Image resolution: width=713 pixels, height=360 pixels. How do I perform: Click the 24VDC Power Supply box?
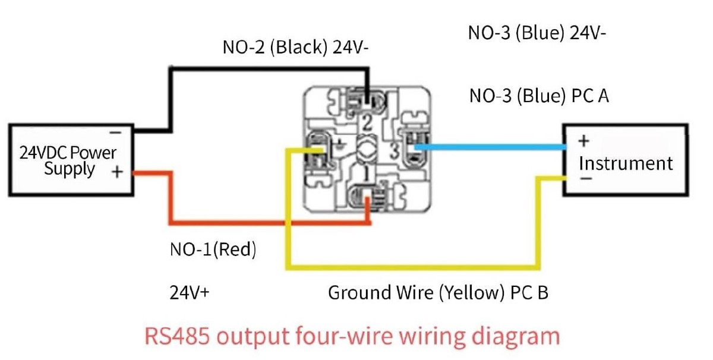(x=70, y=160)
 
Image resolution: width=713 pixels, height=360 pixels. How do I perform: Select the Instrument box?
(x=625, y=160)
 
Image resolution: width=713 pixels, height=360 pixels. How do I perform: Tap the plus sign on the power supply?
(x=118, y=172)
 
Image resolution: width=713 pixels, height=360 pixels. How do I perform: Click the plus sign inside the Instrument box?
(x=583, y=141)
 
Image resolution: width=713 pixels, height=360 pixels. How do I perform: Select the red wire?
(x=238, y=223)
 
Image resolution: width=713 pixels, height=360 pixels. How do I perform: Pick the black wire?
(x=267, y=70)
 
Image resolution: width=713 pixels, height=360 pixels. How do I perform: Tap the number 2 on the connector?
(x=367, y=124)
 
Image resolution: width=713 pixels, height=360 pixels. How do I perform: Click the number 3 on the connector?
(x=394, y=151)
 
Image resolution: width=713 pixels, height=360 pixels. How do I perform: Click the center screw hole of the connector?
(x=367, y=148)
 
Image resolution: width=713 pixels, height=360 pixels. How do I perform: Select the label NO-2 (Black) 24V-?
(x=296, y=48)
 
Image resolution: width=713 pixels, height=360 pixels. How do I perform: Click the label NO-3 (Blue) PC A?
(x=539, y=96)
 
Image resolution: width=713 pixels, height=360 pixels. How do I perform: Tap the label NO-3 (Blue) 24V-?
(x=537, y=33)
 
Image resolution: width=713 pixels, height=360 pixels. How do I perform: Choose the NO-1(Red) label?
(x=213, y=250)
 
